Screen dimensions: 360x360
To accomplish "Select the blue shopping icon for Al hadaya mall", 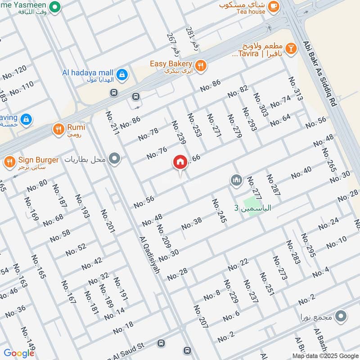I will tap(121, 73).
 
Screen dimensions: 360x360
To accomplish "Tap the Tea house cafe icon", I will tap(273, 6).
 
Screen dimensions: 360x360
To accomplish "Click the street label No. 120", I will tap(14, 72).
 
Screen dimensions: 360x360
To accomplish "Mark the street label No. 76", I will tap(157, 153).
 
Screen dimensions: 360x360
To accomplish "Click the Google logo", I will tap(19, 353).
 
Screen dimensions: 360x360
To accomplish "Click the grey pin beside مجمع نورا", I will tap(342, 316).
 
